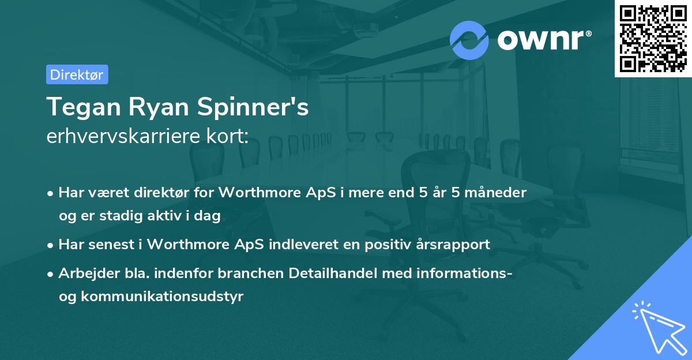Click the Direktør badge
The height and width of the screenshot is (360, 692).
click(77, 74)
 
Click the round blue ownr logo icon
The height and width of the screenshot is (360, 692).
click(469, 40)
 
